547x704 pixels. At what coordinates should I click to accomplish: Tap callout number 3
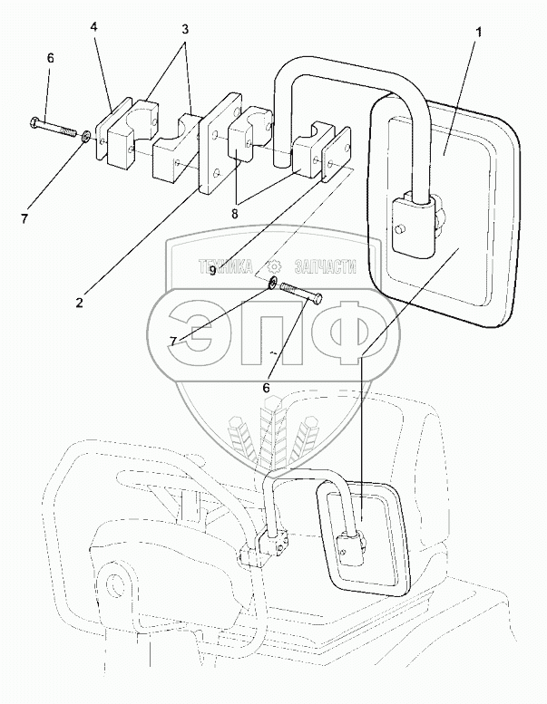pyautogui.click(x=185, y=29)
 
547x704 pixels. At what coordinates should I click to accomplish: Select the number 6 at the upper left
pyautogui.click(x=51, y=57)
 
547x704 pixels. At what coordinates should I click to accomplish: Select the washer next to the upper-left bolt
pyautogui.click(x=84, y=137)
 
